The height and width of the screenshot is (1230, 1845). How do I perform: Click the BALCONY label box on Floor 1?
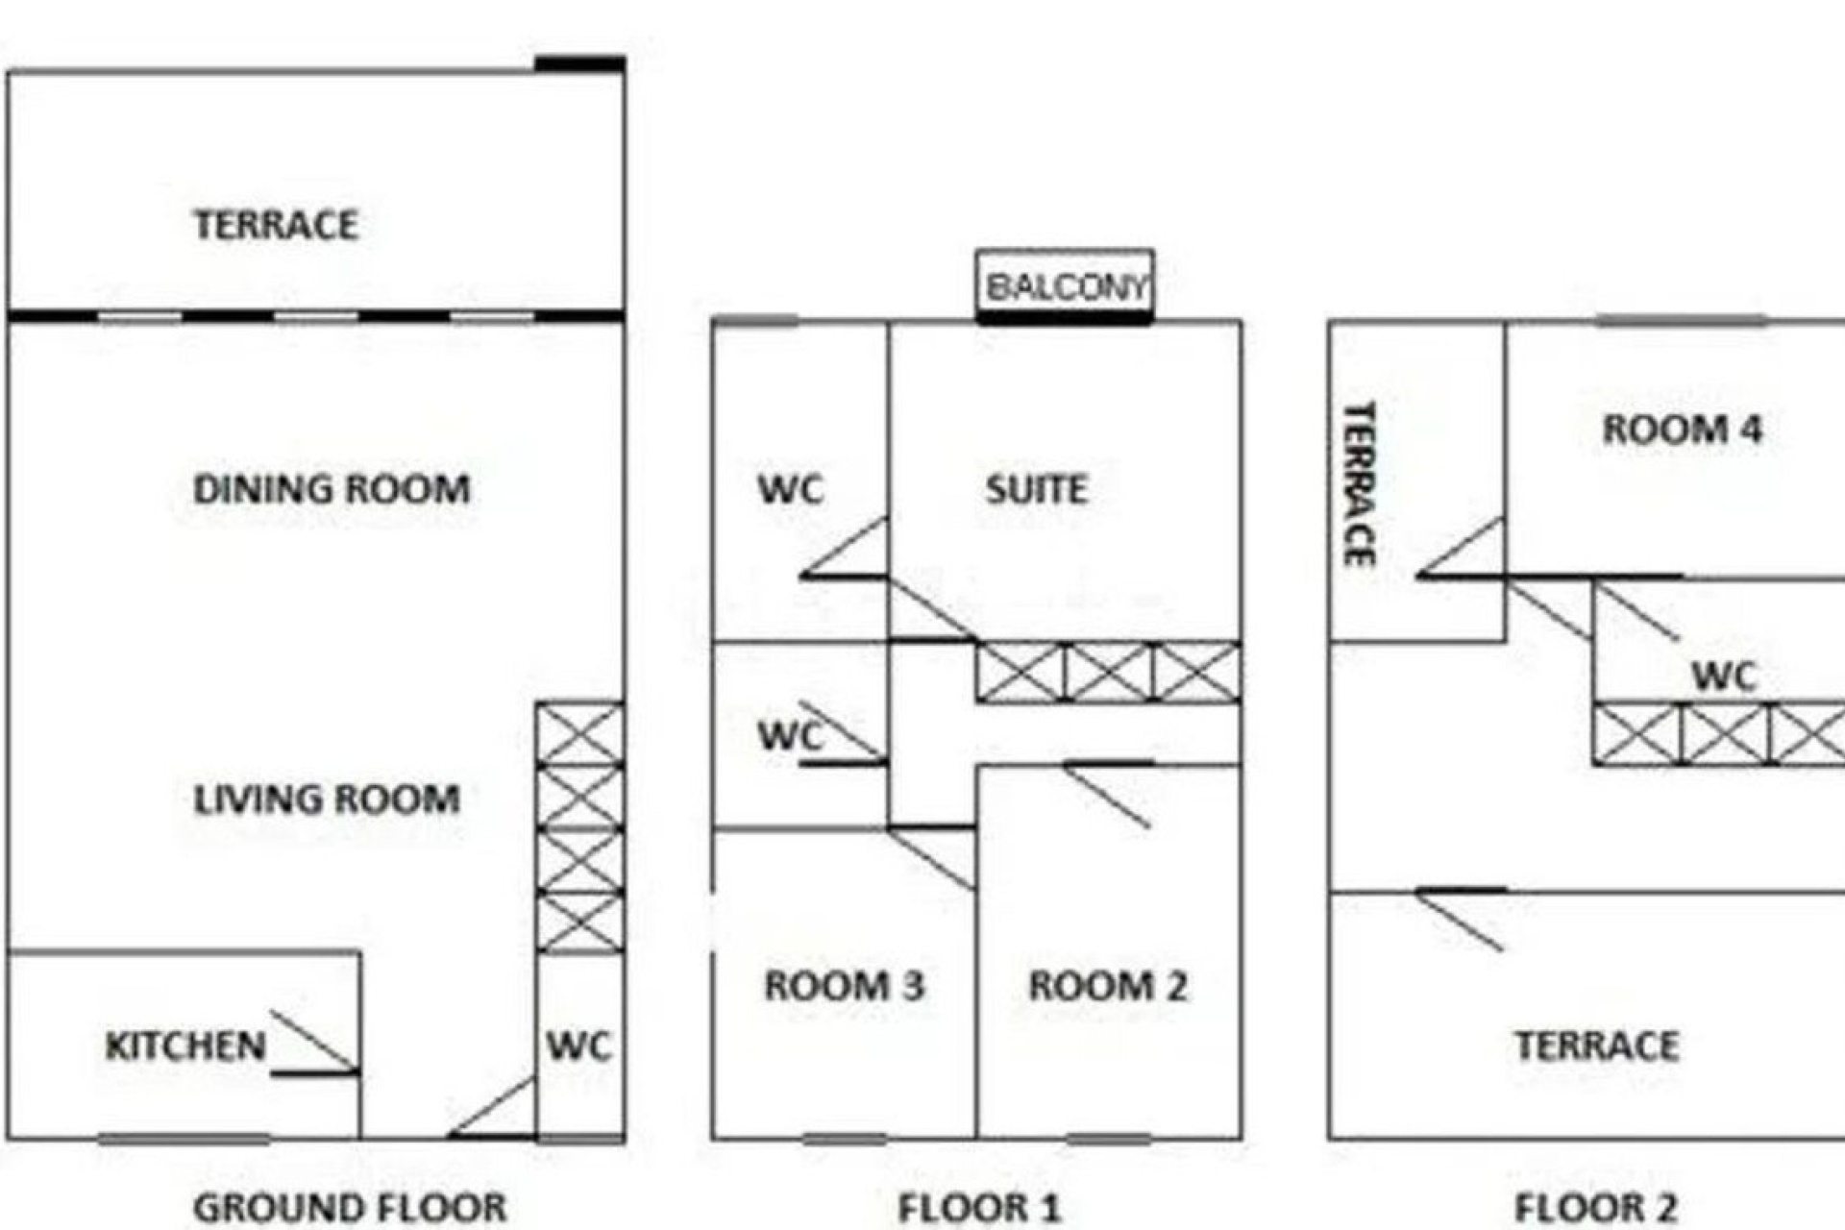[1065, 285]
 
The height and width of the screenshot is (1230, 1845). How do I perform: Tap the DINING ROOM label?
[332, 489]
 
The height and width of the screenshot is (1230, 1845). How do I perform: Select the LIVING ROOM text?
[327, 799]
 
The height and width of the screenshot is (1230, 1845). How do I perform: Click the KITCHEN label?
[184, 1045]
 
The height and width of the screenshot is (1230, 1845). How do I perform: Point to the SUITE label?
[1036, 489]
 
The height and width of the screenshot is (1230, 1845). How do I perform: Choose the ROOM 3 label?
[844, 985]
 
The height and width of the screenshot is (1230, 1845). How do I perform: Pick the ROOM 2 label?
[1107, 985]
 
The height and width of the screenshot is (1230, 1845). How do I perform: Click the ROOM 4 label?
[1682, 429]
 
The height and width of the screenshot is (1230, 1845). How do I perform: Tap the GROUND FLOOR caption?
[350, 1207]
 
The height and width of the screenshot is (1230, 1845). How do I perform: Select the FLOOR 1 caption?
[979, 1207]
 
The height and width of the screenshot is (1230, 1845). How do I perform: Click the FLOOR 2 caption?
[1596, 1207]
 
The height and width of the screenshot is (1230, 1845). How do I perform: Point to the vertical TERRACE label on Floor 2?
[1359, 483]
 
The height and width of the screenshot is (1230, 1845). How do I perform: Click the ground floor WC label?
[578, 1045]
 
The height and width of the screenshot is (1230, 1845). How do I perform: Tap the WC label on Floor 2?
[1724, 676]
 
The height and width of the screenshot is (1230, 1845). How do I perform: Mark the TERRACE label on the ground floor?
[276, 225]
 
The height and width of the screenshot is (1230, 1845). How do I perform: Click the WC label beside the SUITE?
[790, 489]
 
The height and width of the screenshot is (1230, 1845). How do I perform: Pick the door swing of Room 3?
[931, 857]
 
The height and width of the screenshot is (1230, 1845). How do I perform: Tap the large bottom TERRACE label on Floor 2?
[1597, 1045]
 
